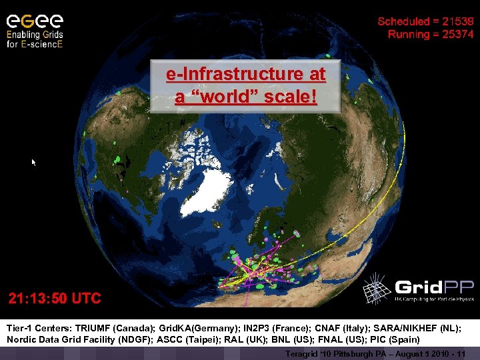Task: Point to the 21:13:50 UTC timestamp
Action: (55, 298)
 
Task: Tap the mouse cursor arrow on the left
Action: (33, 162)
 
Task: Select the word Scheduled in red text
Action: (400, 21)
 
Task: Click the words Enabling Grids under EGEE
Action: (35, 34)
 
